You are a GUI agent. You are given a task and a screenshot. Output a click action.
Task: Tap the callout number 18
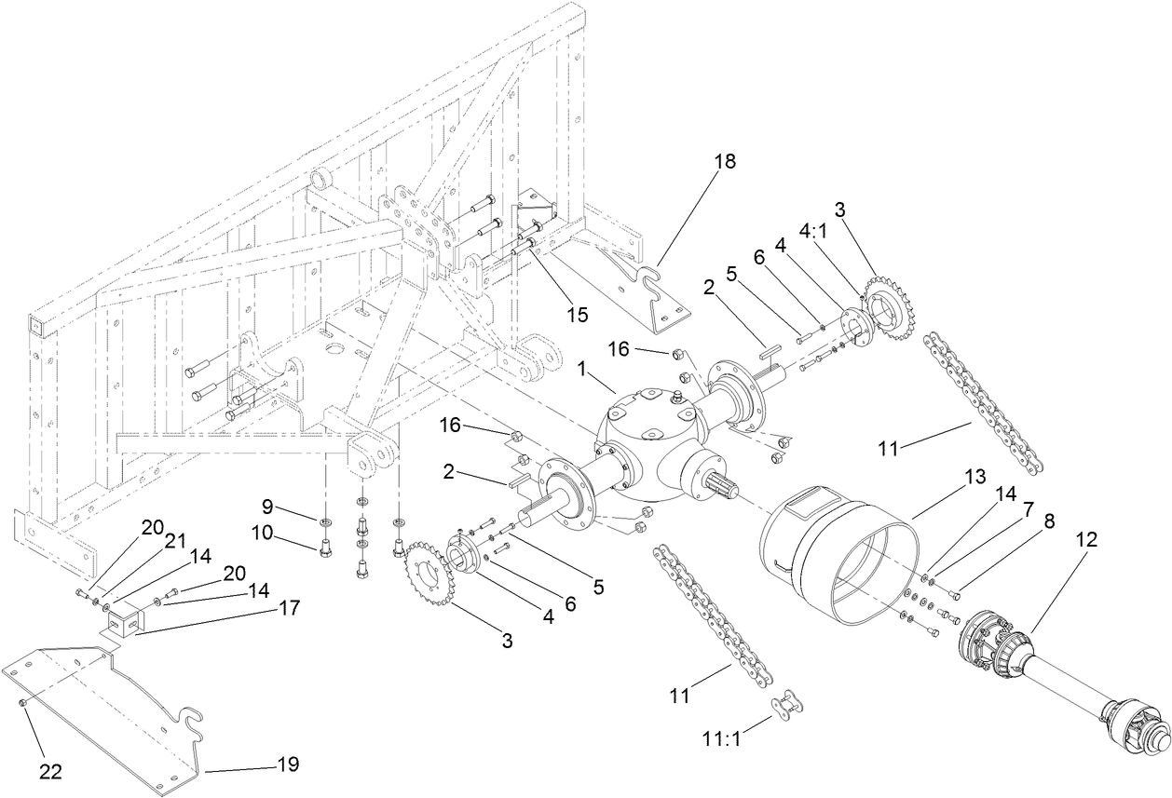(724, 161)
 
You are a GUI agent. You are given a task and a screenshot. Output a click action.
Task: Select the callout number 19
(287, 764)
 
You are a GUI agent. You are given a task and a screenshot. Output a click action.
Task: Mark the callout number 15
(578, 315)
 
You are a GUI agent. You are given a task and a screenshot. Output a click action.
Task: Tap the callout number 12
(1086, 539)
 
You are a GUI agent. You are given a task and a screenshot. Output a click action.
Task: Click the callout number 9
(267, 507)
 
